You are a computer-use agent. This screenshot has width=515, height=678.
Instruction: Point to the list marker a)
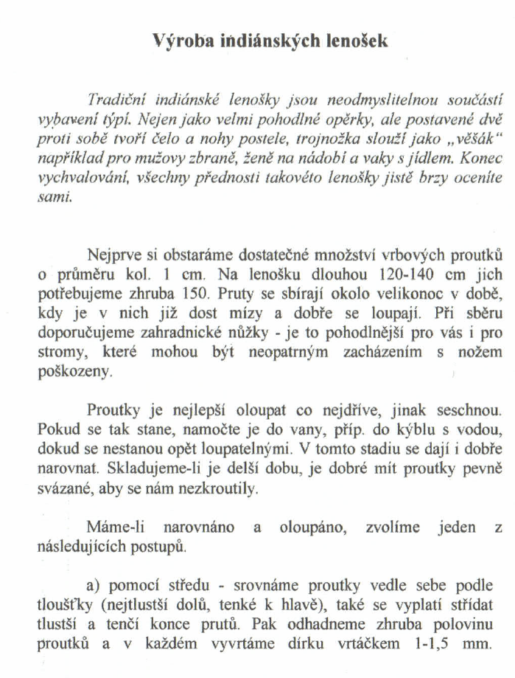pyautogui.click(x=94, y=586)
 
